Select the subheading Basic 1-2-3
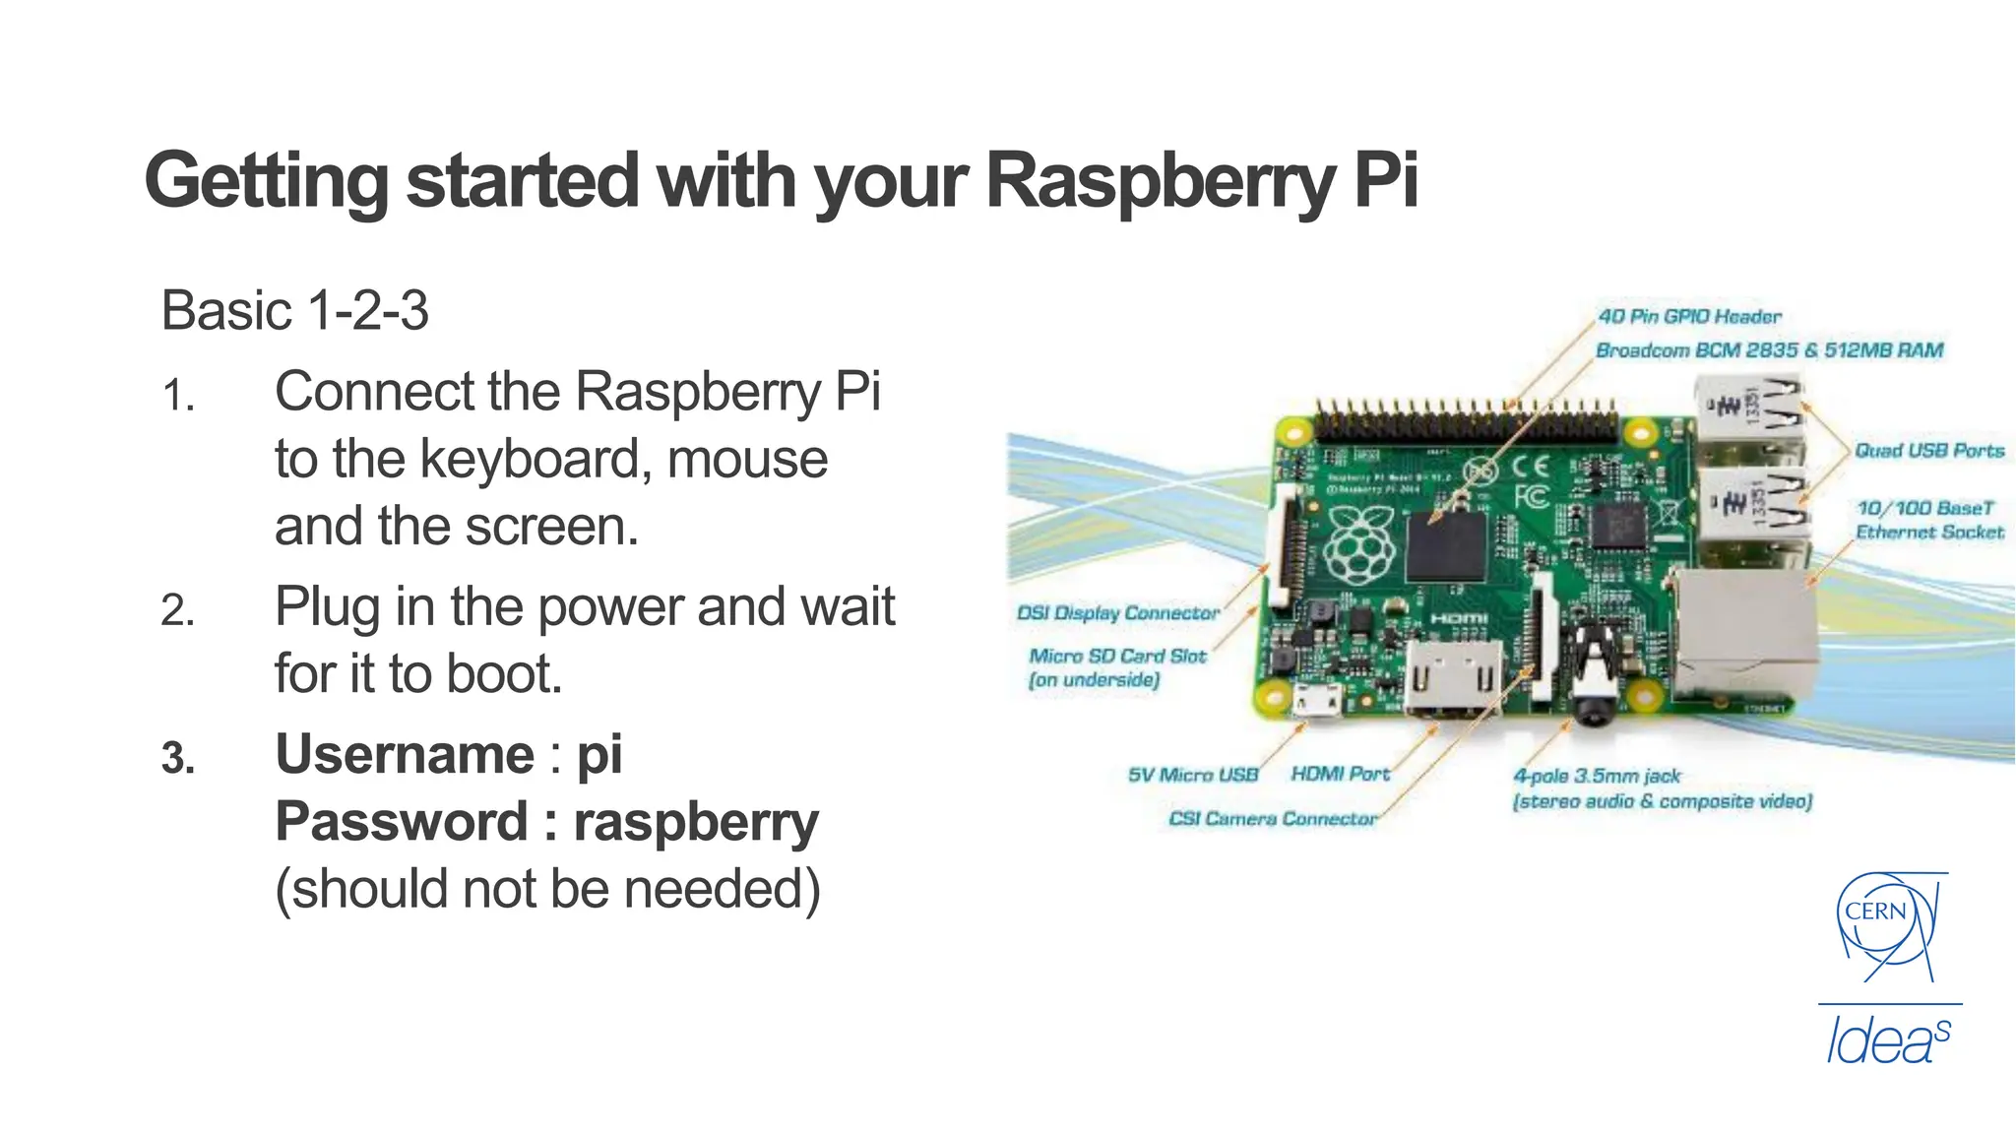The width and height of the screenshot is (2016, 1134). point(294,311)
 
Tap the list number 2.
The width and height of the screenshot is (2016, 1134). point(177,611)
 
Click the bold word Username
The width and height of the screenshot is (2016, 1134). point(405,755)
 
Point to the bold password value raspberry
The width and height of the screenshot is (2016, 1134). point(695,823)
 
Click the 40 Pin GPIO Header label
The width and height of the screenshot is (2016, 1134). point(1689,317)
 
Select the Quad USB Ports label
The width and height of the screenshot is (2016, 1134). point(1929,451)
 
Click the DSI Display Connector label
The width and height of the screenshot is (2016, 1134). point(1117,613)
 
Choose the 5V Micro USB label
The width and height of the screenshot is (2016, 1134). point(1193,775)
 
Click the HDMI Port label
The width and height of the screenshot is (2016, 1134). point(1340,775)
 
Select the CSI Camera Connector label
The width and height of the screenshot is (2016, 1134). point(1272,819)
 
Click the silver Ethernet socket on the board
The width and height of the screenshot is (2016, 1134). point(1744,630)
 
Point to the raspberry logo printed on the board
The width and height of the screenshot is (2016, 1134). point(1358,545)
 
